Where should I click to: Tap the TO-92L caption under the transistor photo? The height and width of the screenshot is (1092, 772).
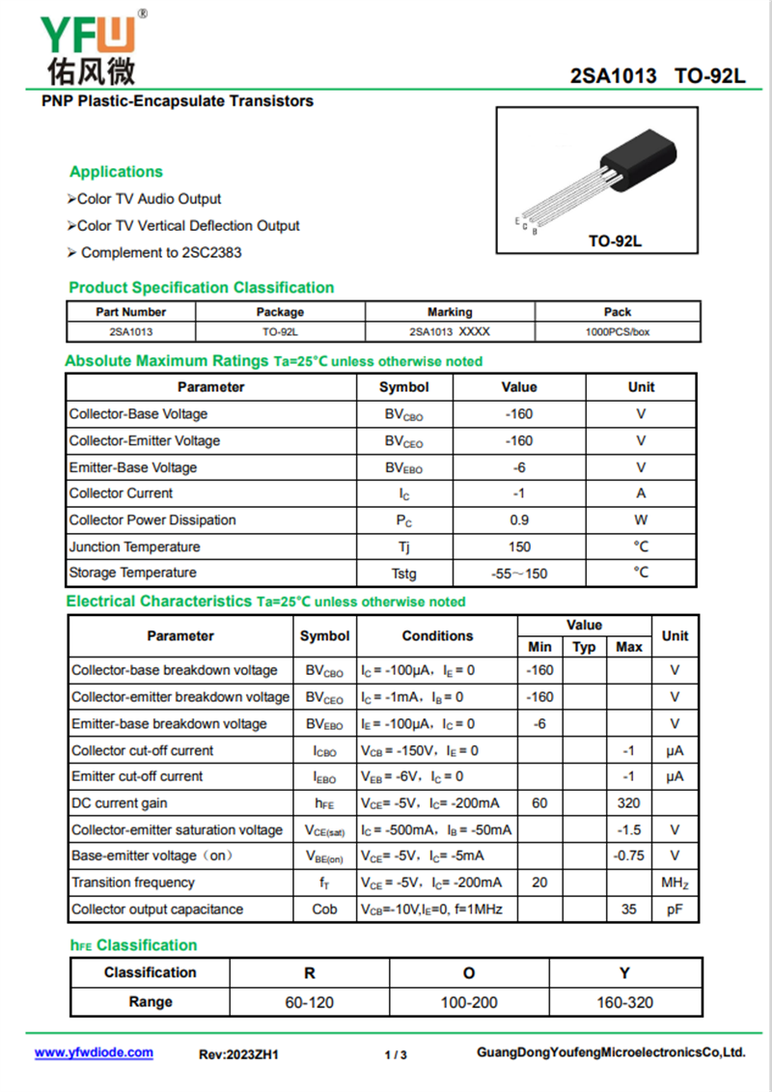(615, 240)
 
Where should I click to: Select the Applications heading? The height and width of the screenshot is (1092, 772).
(116, 172)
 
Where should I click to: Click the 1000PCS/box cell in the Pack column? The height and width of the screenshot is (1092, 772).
(618, 331)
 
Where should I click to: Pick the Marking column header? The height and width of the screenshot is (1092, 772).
(450, 312)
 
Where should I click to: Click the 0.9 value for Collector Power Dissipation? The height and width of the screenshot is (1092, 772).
(519, 520)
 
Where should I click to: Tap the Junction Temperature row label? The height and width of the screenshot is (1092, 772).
(134, 546)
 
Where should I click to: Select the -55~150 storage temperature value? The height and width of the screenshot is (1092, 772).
(519, 574)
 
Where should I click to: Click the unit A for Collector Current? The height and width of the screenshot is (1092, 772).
(641, 493)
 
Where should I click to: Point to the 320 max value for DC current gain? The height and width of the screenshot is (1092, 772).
(628, 803)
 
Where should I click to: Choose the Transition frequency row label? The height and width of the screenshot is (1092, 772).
(133, 882)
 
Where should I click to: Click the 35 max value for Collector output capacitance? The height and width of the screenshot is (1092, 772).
(628, 910)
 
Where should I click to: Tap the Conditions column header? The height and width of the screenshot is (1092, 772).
(437, 636)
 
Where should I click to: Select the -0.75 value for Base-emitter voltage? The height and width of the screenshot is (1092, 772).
(628, 856)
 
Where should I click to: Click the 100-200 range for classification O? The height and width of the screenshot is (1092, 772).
(469, 1002)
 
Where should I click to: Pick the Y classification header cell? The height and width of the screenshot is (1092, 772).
(625, 972)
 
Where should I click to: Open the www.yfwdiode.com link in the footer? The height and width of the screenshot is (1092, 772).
(94, 1053)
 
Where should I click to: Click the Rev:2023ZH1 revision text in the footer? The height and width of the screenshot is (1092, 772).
(238, 1055)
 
